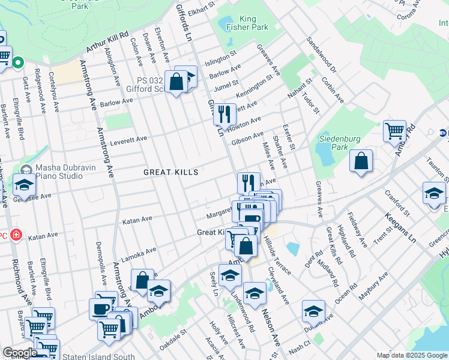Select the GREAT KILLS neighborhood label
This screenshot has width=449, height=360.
click(170, 172)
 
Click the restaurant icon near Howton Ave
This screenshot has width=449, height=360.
click(224, 114)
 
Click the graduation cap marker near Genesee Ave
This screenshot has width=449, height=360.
click(25, 187)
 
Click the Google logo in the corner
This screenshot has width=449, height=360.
click(20, 353)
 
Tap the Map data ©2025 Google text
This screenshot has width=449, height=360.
click(412, 356)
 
